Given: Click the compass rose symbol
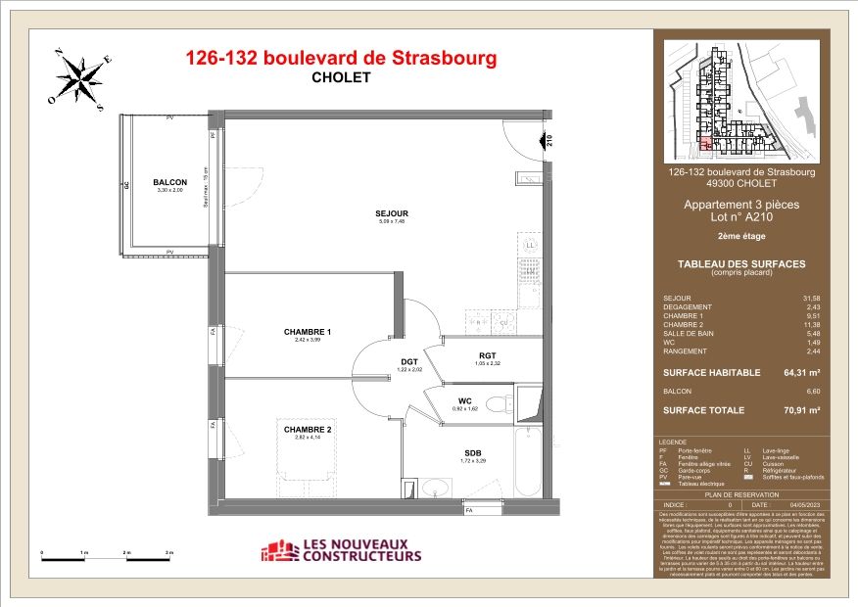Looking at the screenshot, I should point(81,77).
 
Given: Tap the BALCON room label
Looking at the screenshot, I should point(169,182).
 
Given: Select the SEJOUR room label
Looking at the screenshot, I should point(391,213).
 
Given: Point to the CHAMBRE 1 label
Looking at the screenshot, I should point(308,332).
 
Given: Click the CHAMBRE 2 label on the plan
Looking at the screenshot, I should point(308,430).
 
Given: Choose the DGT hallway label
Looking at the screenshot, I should point(409,361).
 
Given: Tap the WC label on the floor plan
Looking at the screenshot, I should point(465,399).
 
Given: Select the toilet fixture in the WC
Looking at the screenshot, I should point(500,402).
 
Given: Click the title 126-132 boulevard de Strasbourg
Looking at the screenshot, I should point(341,58).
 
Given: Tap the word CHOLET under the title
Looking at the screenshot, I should point(341,78).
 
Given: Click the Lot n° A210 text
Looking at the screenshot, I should point(740,218).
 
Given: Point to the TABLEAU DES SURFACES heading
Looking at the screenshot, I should point(740,263).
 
